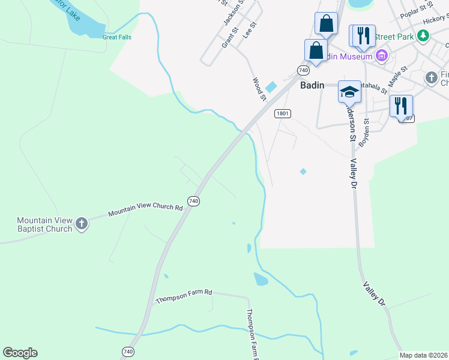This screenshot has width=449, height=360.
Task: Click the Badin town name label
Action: click(312, 85)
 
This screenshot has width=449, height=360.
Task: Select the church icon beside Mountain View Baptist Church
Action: click(82, 224)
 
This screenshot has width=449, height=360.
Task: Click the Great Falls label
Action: click(116, 37)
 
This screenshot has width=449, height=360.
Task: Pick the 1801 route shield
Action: click(283, 113)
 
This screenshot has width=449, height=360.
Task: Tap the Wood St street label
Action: click(259, 89)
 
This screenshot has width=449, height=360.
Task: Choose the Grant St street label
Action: click(230, 37)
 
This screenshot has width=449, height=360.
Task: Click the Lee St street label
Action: click(250, 31)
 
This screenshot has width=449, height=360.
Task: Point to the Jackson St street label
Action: click(234, 12)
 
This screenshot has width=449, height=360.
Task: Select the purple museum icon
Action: click(381, 56)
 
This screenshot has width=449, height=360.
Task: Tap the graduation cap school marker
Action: click(349, 91)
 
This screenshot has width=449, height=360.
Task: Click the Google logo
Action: click(20, 353)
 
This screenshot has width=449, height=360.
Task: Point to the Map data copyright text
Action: click(423, 355)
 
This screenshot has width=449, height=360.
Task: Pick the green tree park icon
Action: click(424, 36)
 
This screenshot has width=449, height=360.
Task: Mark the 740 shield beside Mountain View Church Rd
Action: click(193, 201)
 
